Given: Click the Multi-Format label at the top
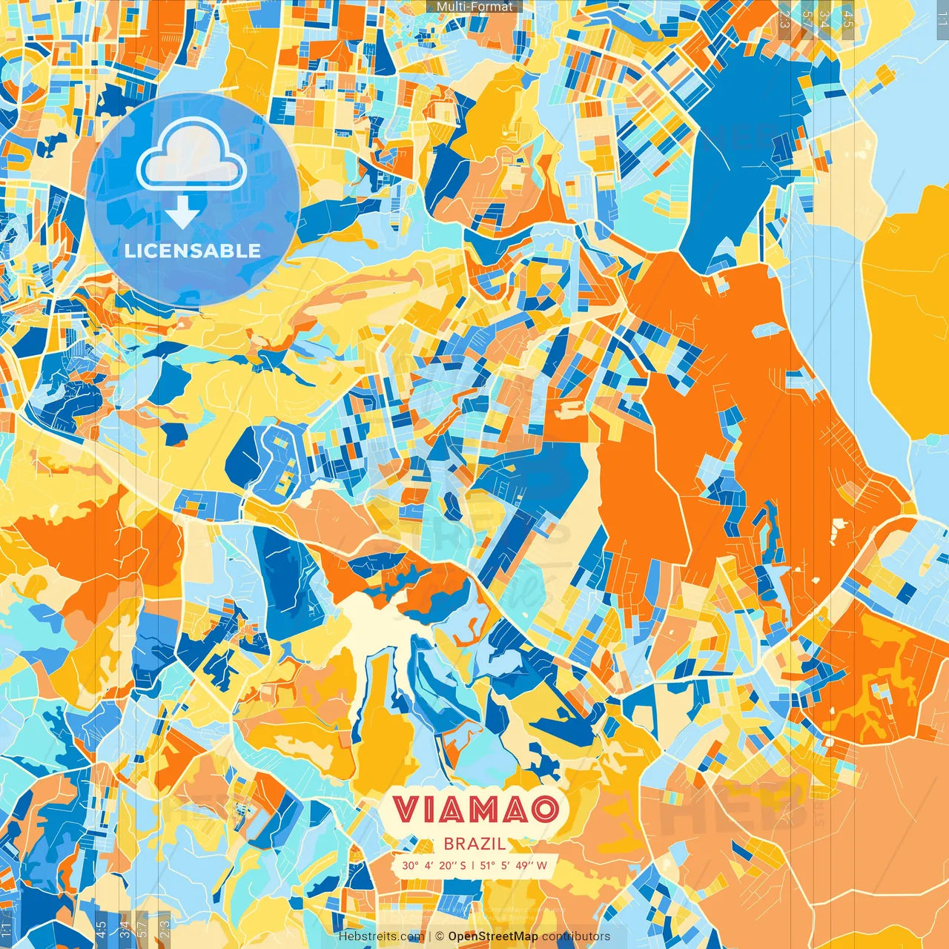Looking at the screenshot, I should coord(474,7).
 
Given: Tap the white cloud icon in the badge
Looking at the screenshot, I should coord(192,156).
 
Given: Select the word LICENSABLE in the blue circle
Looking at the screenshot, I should coord(193,251).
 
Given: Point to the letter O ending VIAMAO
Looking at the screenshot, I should coord(544,810).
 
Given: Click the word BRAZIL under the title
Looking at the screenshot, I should coord(474,844).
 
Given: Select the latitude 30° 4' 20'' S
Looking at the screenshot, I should coord(434,865).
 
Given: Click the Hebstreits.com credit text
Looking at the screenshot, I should coord(381,936).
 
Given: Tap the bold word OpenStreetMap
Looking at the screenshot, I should coord(493,936).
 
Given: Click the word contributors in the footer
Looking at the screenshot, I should coord(576,936).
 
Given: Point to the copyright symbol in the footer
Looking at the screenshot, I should coord(440,936).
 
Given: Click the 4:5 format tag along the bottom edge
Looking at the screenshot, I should coord(101,928).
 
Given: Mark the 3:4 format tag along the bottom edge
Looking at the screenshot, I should coord(125,928).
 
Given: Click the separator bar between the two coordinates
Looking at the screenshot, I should coord(474,865).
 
